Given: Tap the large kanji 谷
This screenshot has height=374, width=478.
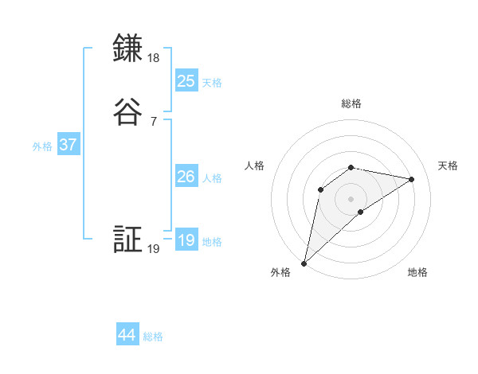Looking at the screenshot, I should click(127, 112).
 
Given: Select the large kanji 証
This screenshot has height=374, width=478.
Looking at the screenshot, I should click(127, 240).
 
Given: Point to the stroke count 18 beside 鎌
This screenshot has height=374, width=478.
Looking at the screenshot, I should click(154, 58).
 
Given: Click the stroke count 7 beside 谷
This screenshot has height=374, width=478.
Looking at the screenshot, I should click(154, 122).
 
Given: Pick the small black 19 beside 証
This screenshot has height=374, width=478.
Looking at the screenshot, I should click(154, 250).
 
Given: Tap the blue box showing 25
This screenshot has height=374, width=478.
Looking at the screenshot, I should click(186, 80).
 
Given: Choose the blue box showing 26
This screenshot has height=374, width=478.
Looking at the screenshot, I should click(186, 177).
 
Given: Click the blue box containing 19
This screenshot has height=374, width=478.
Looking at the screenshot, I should click(186, 240).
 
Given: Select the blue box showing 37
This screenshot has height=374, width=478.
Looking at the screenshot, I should click(68, 145).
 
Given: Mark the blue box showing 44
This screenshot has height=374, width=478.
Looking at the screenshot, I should click(127, 335).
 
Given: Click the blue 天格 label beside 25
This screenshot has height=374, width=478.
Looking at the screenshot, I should click(212, 83).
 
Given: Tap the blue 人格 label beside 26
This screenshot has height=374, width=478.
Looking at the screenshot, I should click(212, 178).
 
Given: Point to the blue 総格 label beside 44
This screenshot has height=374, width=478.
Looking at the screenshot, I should click(153, 337).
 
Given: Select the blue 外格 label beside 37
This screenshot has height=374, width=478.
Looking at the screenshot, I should click(42, 146).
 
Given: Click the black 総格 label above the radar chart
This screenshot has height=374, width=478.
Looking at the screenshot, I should click(351, 103).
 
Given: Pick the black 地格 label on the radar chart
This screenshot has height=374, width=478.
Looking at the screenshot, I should click(417, 273).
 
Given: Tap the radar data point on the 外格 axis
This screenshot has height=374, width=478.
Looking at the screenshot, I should click(304, 263).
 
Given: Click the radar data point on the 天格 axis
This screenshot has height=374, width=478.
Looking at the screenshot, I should click(412, 179).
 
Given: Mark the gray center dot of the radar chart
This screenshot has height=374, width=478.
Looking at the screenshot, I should click(351, 198).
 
